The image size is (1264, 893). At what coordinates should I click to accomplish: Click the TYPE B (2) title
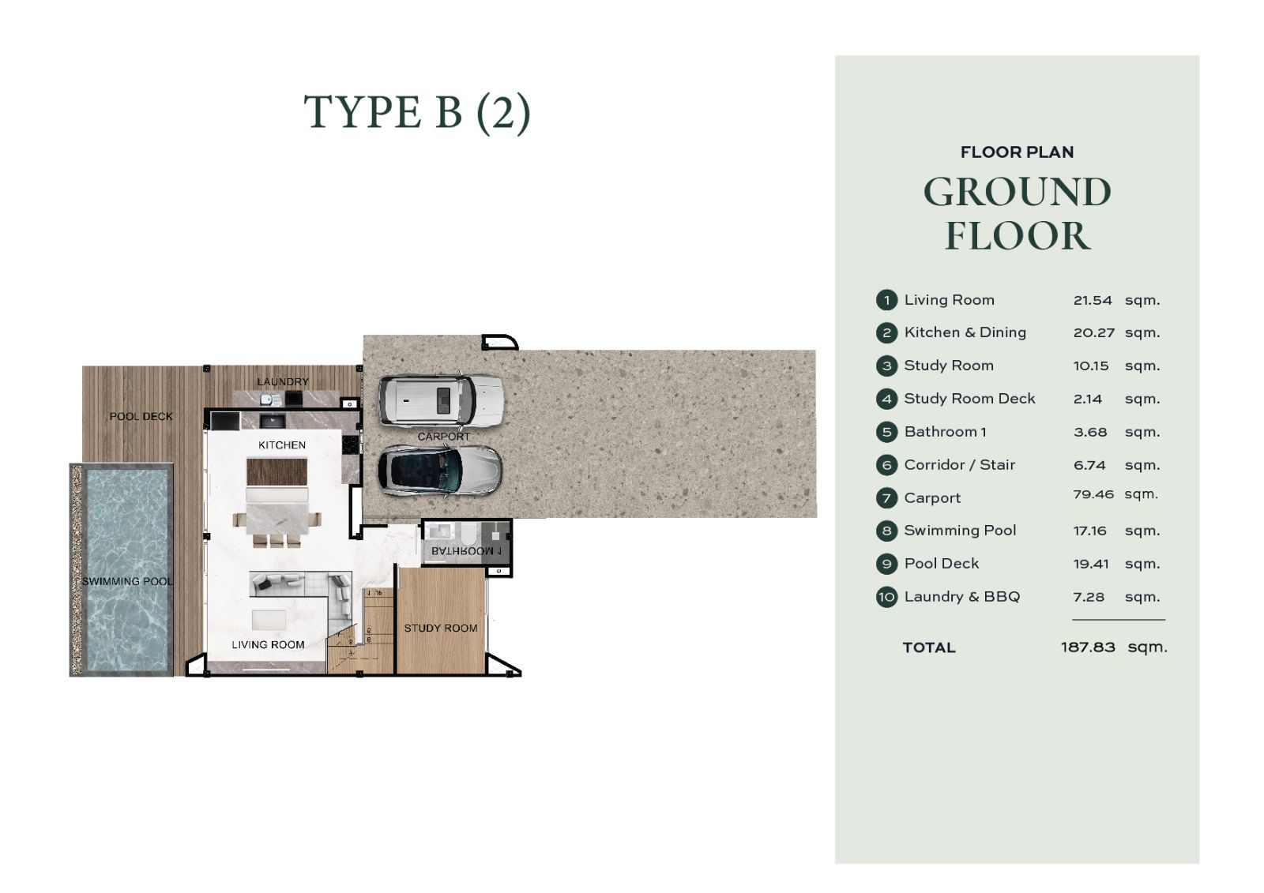(x=417, y=113)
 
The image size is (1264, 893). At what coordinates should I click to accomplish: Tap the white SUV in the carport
(x=441, y=400)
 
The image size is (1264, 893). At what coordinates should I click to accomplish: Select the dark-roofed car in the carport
(x=439, y=471)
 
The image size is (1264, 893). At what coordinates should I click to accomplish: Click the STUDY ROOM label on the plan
(x=441, y=628)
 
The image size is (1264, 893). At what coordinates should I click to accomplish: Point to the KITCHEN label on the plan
(x=282, y=445)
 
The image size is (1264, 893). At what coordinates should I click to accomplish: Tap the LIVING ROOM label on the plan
(x=268, y=645)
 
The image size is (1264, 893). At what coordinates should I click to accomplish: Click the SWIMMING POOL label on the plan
(x=127, y=581)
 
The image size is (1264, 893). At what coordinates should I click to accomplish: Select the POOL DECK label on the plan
(x=141, y=416)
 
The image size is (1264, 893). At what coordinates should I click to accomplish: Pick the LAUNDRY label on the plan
(x=283, y=381)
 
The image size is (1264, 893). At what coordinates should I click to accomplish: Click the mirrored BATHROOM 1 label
(x=466, y=550)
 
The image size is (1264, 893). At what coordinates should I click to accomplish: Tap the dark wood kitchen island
(x=277, y=471)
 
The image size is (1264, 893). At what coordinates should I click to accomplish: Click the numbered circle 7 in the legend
(x=886, y=498)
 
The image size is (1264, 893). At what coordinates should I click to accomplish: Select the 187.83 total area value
(x=1088, y=647)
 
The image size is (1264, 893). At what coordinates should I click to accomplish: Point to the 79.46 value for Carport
(x=1093, y=494)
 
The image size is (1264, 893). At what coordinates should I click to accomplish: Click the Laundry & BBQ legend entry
(x=962, y=597)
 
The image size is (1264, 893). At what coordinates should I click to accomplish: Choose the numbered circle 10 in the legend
(x=886, y=597)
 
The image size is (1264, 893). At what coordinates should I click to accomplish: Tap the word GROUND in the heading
(x=1018, y=193)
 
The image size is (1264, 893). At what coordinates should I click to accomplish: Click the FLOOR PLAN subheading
(x=1017, y=152)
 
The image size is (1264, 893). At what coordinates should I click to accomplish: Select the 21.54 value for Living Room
(x=1093, y=300)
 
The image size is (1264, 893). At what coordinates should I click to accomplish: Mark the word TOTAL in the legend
(x=929, y=647)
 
